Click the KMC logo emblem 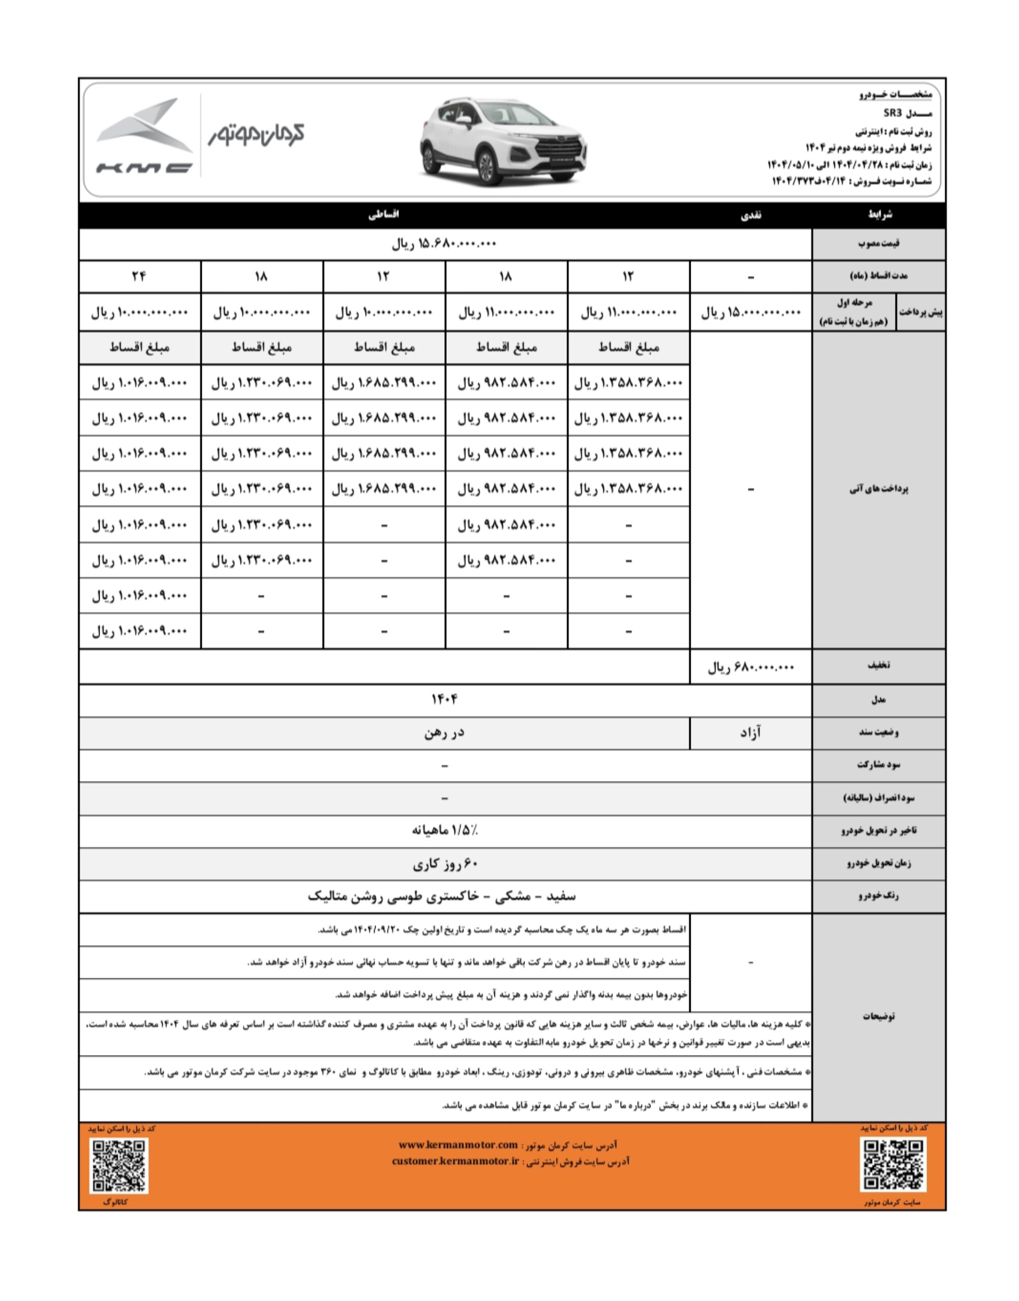pyautogui.click(x=144, y=136)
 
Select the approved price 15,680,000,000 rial pyautogui.click(x=444, y=243)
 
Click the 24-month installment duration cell pyautogui.click(x=139, y=276)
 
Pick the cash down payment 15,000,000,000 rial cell pyautogui.click(x=750, y=312)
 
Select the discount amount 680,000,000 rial pyautogui.click(x=751, y=667)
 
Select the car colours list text pyautogui.click(x=442, y=896)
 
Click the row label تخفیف pyautogui.click(x=878, y=666)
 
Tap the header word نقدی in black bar pyautogui.click(x=751, y=215)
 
